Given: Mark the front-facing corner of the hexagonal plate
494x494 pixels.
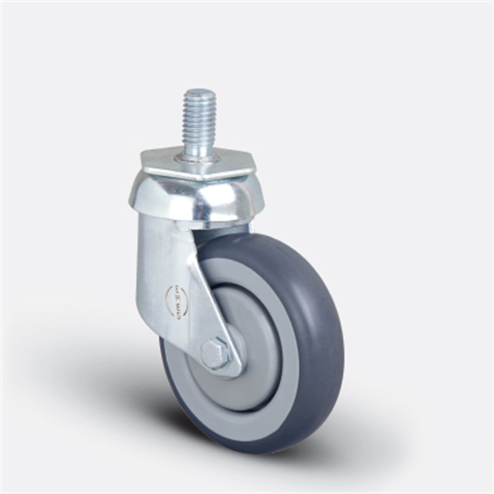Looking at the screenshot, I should pos(203,178).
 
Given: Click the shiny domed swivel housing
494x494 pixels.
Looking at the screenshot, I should pos(163,198).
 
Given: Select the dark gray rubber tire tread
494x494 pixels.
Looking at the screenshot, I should pos(321,321).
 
